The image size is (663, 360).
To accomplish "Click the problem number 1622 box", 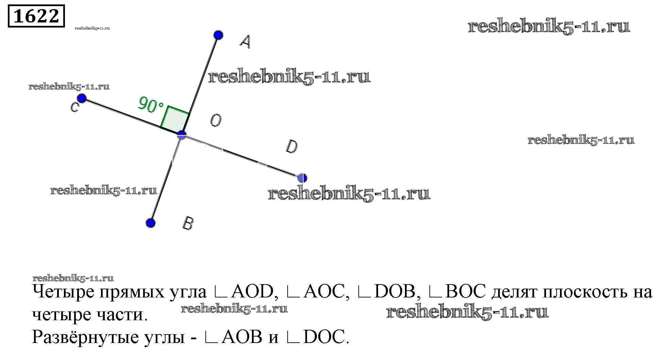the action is pos(36,16).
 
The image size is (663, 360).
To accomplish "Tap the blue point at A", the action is pos(218,35).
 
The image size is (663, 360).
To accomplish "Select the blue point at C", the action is pos(82,99).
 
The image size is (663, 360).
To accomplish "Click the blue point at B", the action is pos(151,223).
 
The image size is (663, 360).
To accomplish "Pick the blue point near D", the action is pos(302,178).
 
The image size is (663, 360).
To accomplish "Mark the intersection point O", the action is pos(182,135).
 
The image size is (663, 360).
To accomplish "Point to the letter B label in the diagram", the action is pos(188,223).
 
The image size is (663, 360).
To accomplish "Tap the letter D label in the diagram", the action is pos(292,147).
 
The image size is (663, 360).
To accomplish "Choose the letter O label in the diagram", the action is pos(216,120).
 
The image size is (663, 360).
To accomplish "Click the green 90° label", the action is pos(151,104).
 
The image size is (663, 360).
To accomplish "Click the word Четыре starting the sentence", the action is pos(63,292).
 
